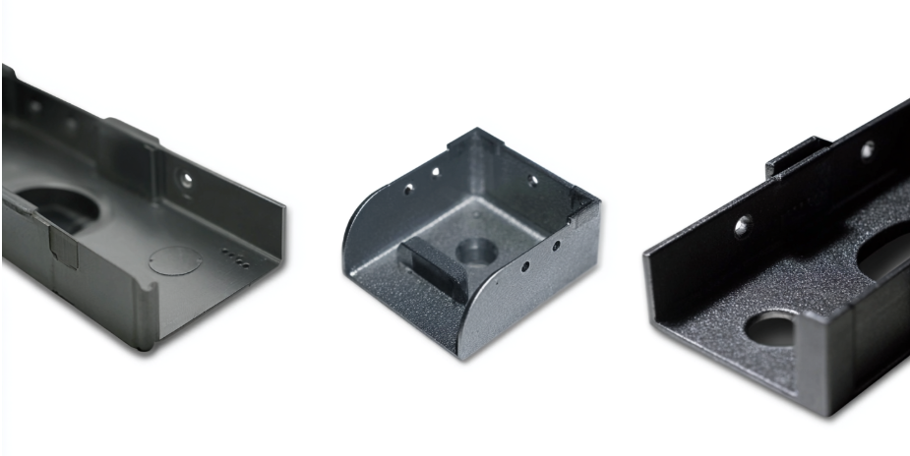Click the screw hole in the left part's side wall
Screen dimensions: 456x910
(185, 179)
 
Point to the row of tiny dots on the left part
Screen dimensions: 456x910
(234, 258)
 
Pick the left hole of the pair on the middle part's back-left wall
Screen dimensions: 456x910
(407, 189)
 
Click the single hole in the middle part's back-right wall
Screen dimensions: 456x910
(532, 181)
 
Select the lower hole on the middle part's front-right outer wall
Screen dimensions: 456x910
(526, 265)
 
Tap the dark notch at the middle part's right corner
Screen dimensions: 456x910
(582, 208)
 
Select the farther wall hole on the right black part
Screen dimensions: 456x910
(867, 149)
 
